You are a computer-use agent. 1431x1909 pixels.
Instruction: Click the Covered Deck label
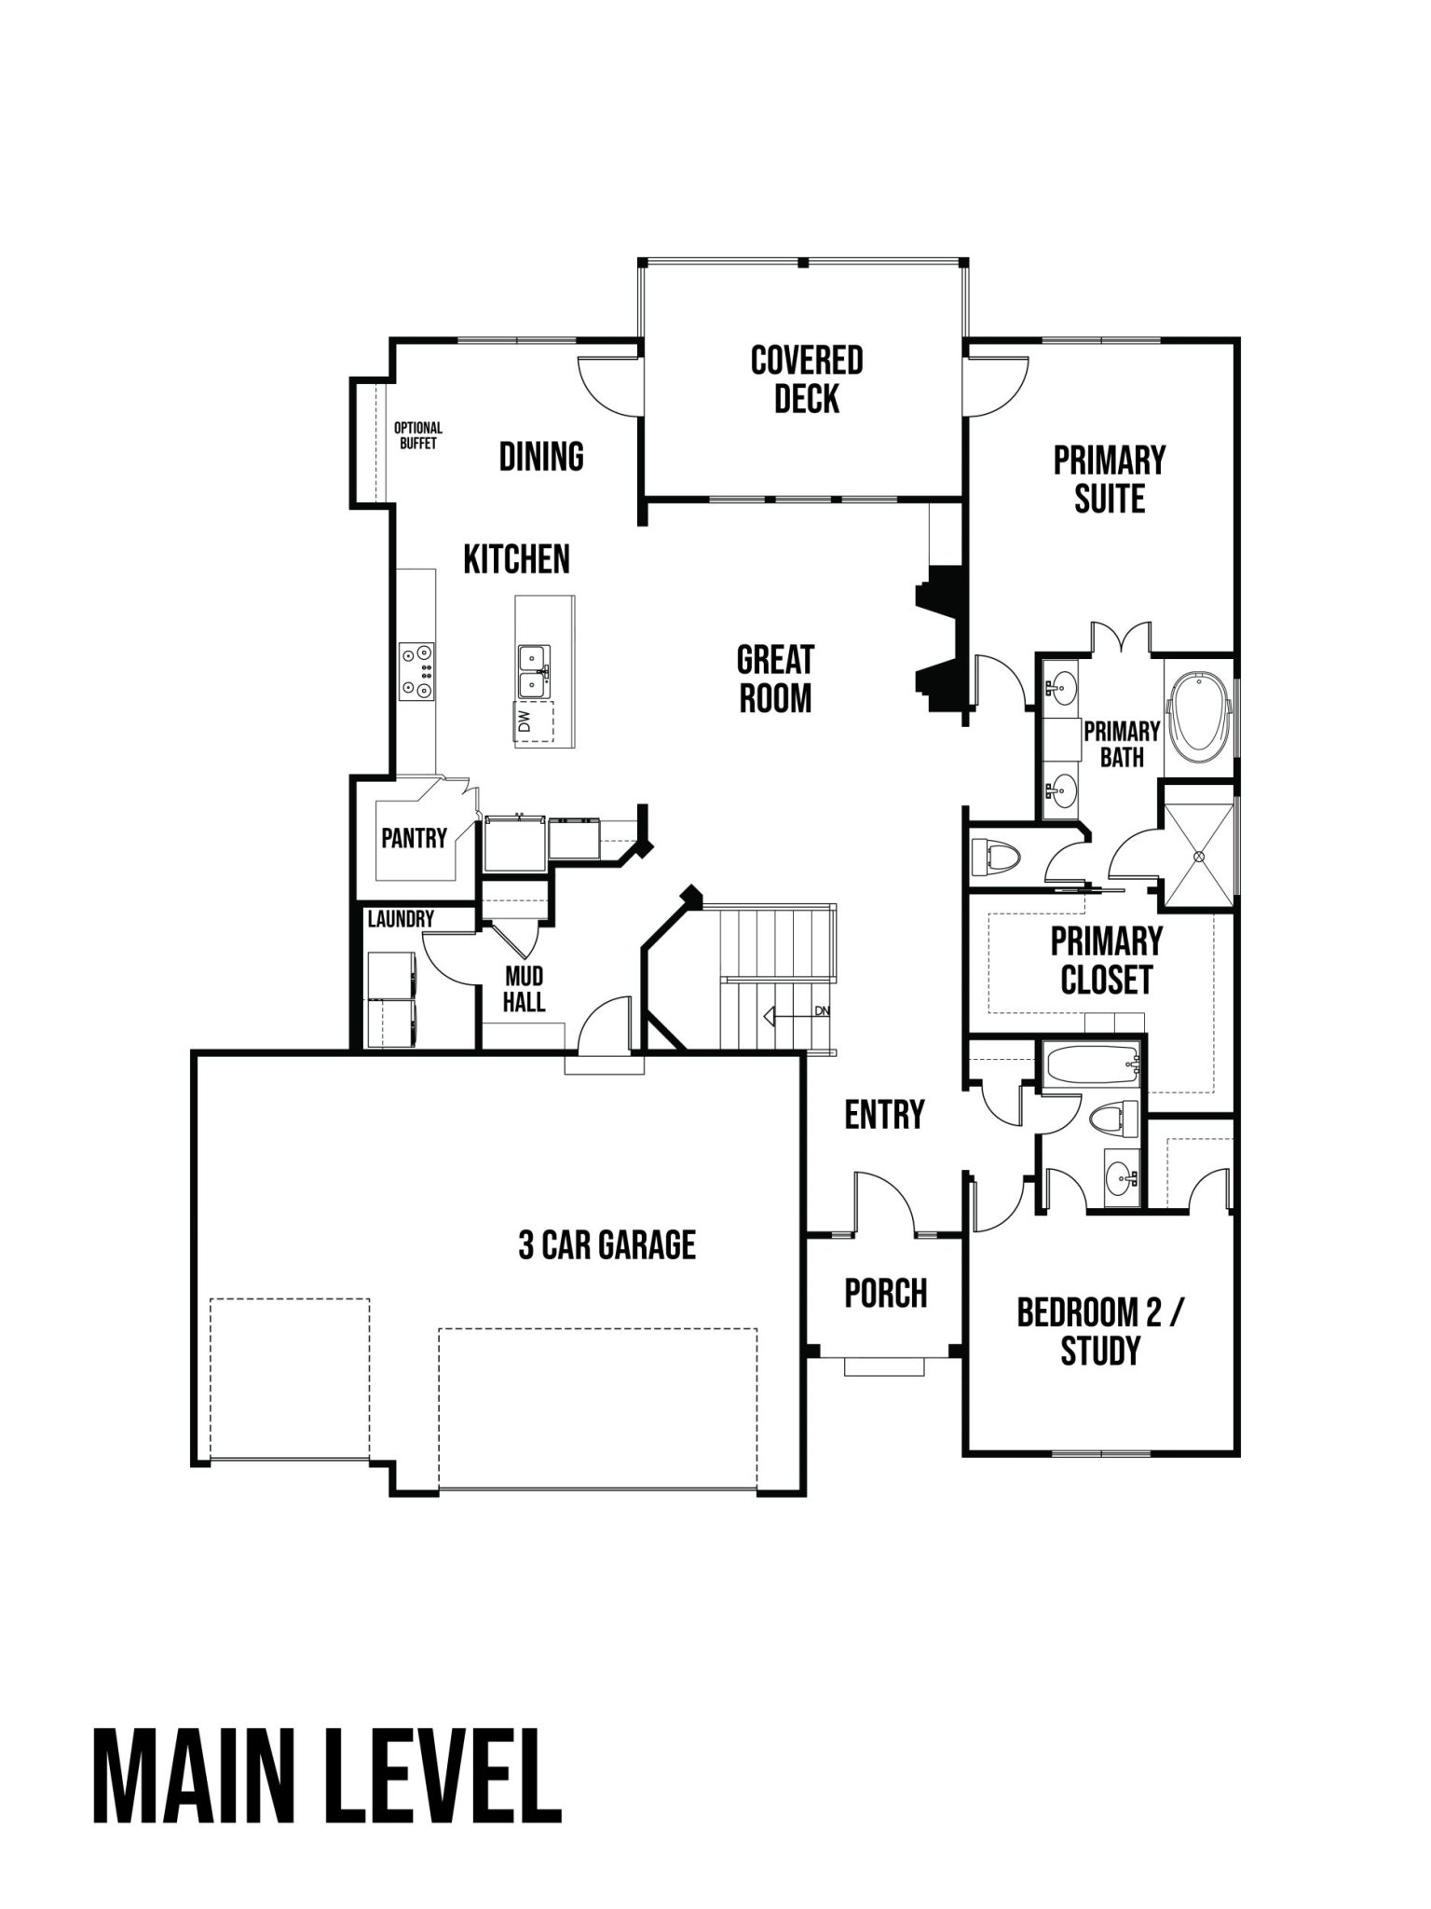(x=807, y=379)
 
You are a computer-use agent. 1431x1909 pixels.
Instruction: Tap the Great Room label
(x=775, y=679)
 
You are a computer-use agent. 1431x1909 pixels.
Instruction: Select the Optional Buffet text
(x=418, y=435)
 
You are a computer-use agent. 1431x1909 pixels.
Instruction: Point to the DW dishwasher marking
(x=524, y=721)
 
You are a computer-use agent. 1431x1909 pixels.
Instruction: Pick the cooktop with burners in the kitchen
(x=416, y=672)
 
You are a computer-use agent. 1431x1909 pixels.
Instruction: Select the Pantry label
(x=414, y=838)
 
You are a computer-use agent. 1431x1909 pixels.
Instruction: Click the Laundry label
(x=401, y=919)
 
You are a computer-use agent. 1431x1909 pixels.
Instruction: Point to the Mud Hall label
(x=524, y=989)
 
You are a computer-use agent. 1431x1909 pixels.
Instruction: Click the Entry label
(x=884, y=1114)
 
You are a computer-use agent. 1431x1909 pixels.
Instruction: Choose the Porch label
(x=885, y=1293)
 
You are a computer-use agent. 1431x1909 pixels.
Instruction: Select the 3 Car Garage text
(x=606, y=1244)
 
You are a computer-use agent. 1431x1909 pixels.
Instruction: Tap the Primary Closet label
(x=1107, y=960)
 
